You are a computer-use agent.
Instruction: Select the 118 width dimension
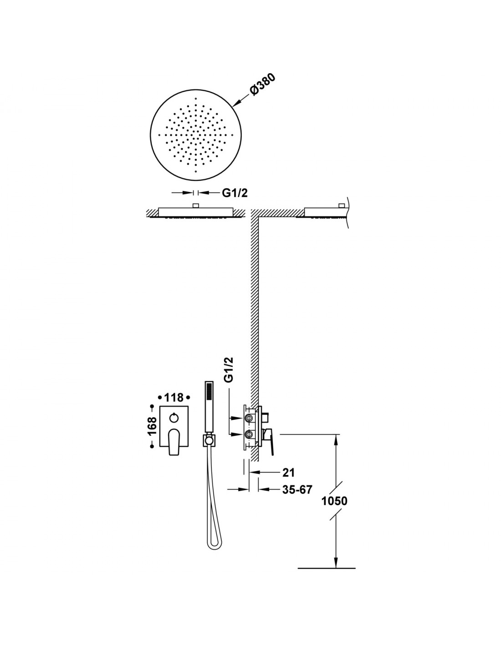174,398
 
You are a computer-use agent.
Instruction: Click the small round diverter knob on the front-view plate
174,418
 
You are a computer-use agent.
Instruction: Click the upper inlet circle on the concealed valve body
248,418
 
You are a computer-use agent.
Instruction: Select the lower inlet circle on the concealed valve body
248,435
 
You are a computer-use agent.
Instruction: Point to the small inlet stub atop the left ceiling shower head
195,206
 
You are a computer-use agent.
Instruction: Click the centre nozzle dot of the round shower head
195,135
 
